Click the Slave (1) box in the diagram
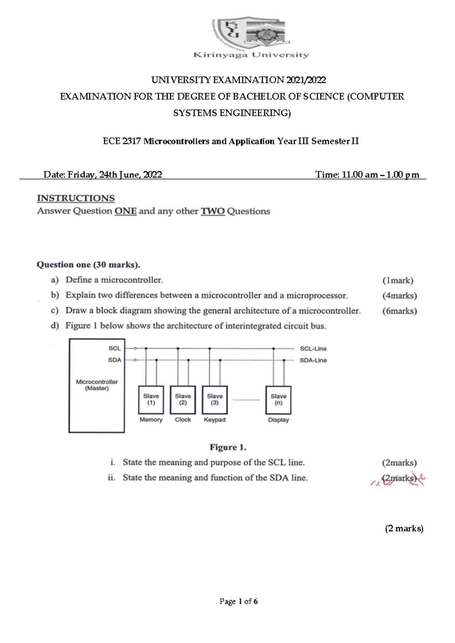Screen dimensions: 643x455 click(x=151, y=400)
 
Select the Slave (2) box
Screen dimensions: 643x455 click(x=183, y=400)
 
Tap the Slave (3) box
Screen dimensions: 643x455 click(x=215, y=400)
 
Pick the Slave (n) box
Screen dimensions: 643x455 click(x=278, y=400)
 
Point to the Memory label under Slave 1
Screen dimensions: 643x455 click(x=151, y=420)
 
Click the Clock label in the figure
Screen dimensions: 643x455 click(x=183, y=420)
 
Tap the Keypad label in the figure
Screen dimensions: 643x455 click(x=215, y=420)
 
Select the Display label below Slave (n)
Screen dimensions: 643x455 click(x=278, y=420)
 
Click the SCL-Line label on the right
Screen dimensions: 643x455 click(x=313, y=349)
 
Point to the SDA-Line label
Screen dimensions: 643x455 click(x=313, y=360)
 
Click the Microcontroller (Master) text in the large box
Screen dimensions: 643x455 click(x=97, y=385)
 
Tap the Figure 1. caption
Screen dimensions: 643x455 click(x=228, y=447)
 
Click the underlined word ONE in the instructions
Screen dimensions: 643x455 click(x=125, y=211)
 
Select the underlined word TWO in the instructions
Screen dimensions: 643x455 click(x=212, y=211)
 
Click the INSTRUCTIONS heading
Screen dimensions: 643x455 click(x=76, y=198)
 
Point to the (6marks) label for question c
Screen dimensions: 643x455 click(x=399, y=311)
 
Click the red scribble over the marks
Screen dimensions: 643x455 click(x=398, y=480)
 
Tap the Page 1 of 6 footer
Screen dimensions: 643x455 click(x=238, y=601)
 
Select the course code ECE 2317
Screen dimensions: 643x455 click(x=122, y=141)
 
